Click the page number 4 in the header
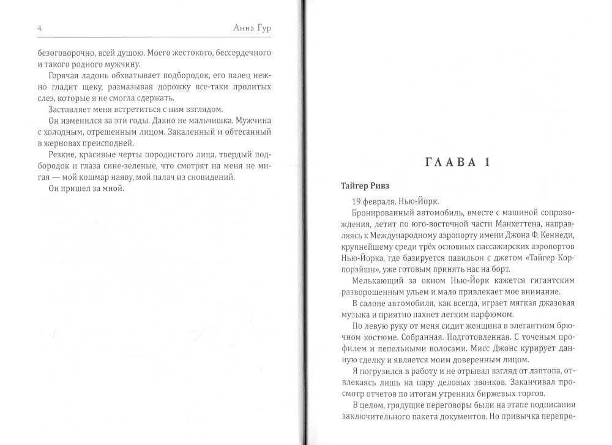click(22, 29)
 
